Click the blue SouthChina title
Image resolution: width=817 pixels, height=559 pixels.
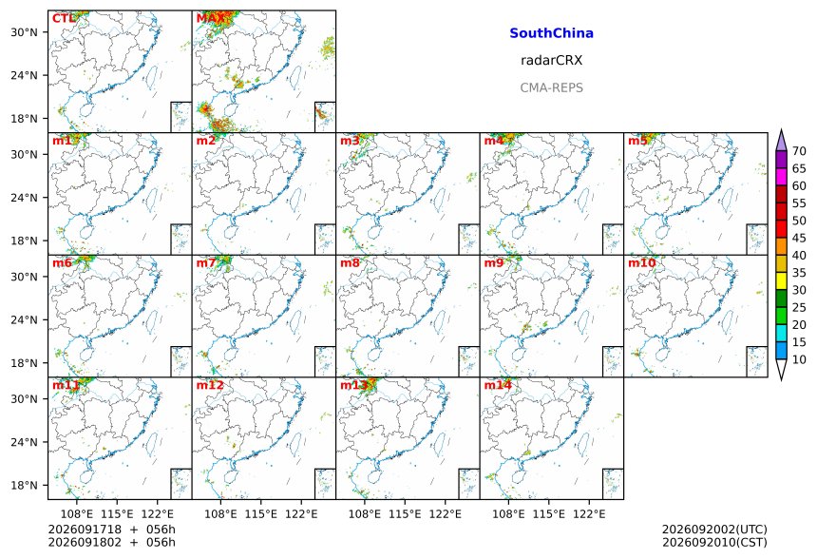551,33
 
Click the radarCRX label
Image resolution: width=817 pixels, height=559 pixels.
551,61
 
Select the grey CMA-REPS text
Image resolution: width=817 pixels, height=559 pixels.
551,87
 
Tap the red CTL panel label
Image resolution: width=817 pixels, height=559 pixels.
64,19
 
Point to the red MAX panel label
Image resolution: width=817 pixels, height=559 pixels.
211,19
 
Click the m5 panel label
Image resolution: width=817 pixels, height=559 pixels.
637,141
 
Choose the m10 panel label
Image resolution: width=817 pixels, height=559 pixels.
641,262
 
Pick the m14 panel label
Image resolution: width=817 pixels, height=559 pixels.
498,385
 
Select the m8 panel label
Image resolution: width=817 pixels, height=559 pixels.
351,262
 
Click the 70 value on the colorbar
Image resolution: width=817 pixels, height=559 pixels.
799,151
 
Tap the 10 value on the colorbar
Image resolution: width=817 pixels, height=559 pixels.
799,359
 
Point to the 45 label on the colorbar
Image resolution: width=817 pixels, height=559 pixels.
799,239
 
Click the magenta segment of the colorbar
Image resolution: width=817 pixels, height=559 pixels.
781,177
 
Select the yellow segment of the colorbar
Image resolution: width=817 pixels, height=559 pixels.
781,281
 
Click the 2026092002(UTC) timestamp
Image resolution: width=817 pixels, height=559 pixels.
714,530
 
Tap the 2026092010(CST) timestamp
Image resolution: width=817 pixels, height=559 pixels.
714,543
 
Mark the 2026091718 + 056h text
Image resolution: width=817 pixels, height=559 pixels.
111,530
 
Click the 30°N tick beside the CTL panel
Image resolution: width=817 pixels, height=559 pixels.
24,32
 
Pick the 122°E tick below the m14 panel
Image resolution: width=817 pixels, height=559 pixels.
589,514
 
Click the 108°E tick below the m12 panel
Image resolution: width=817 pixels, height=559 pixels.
220,514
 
